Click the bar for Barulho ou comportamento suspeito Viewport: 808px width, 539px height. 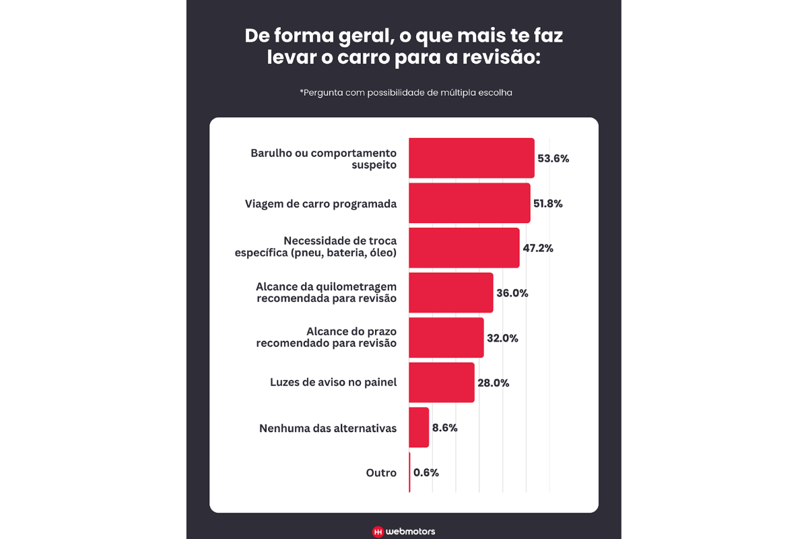pyautogui.click(x=471, y=158)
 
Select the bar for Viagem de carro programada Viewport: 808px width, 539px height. pyautogui.click(x=469, y=203)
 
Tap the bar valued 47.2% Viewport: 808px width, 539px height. pyautogui.click(x=464, y=248)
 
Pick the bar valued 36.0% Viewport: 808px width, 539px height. pyautogui.click(x=450, y=292)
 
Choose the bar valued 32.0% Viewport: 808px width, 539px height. pyautogui.click(x=446, y=338)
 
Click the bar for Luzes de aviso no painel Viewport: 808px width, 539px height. pyautogui.click(x=441, y=383)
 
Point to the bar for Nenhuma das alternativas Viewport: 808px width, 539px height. pyautogui.click(x=419, y=427)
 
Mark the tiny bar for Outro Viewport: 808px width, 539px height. pyautogui.click(x=409, y=472)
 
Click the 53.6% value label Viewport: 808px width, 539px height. pyautogui.click(x=553, y=159)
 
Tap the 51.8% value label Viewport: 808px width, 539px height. pyautogui.click(x=547, y=203)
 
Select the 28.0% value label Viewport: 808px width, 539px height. pyautogui.click(x=493, y=383)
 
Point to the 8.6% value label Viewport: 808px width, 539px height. pyautogui.click(x=445, y=428)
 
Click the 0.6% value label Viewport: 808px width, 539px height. pyautogui.click(x=426, y=473)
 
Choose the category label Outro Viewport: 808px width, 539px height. pyautogui.click(x=381, y=473)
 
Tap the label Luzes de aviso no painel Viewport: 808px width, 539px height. pyautogui.click(x=333, y=383)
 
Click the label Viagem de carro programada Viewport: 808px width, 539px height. pyautogui.click(x=321, y=203)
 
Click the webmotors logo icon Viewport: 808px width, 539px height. pyautogui.click(x=378, y=532)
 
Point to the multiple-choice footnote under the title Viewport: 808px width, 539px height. pyautogui.click(x=406, y=93)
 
